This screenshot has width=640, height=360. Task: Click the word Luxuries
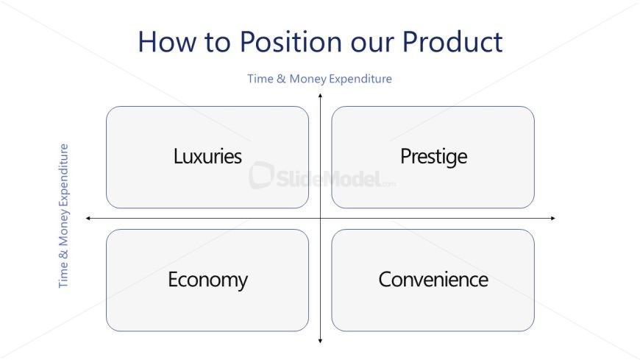click(207, 156)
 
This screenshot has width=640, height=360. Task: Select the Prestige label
click(433, 157)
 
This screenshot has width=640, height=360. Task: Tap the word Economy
click(207, 280)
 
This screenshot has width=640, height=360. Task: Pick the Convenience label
click(433, 280)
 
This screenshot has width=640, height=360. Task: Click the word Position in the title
click(291, 42)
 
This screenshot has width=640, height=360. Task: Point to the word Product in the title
click(452, 42)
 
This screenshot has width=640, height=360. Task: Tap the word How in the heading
click(166, 42)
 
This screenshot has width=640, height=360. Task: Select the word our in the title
click(371, 45)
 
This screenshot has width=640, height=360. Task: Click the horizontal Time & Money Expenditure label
click(319, 79)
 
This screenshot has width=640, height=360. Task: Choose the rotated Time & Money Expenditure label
click(63, 216)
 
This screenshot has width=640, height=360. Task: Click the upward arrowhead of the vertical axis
click(321, 95)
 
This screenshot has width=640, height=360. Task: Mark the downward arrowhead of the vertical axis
click(321, 341)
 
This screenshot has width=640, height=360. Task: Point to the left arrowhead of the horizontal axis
click(88, 218)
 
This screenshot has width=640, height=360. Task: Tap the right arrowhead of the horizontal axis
click(553, 218)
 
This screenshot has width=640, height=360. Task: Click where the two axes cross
click(321, 218)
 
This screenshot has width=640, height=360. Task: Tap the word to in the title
click(217, 43)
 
